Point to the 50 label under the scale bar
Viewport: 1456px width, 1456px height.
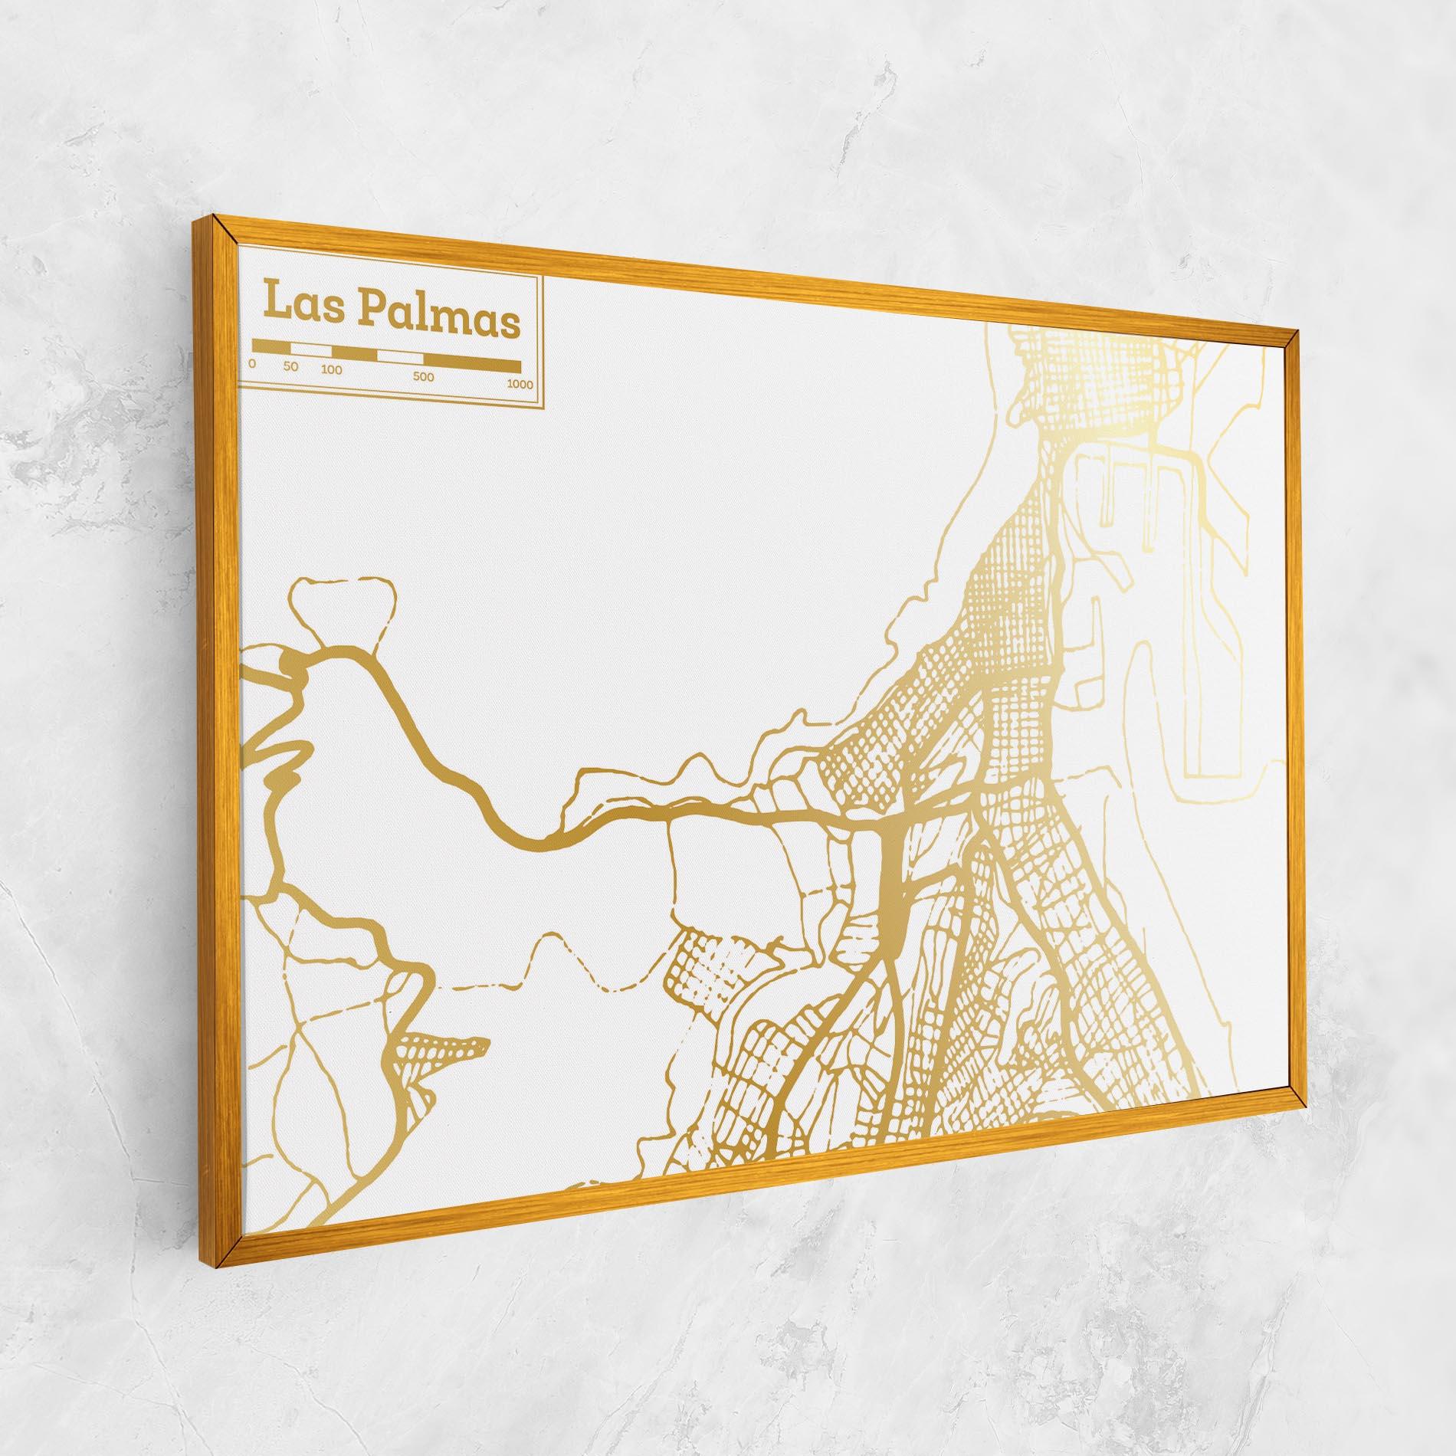(290, 366)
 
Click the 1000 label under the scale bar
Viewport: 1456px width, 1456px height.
(520, 385)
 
